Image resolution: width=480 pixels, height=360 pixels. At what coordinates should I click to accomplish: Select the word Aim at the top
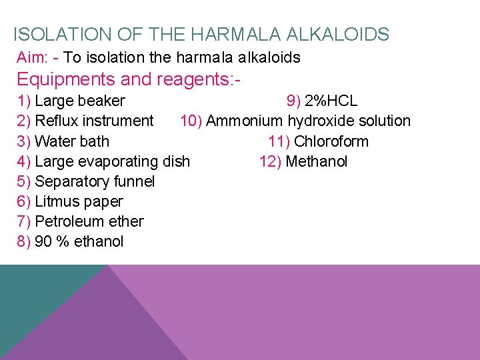pyautogui.click(x=30, y=58)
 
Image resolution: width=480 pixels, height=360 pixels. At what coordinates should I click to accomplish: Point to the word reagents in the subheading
pyautogui.click(x=194, y=79)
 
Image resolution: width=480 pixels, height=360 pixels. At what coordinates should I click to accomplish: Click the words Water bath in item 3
pyautogui.click(x=72, y=141)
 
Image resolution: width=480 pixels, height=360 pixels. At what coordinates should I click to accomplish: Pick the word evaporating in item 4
pyautogui.click(x=120, y=161)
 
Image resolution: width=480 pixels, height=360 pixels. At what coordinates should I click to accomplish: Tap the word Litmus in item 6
pyautogui.click(x=56, y=201)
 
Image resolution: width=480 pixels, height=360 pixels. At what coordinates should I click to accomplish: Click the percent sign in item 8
pyautogui.click(x=63, y=241)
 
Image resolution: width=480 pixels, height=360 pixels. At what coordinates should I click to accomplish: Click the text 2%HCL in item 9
pyautogui.click(x=331, y=101)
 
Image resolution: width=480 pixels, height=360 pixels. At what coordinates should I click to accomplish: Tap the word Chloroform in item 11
pyautogui.click(x=331, y=141)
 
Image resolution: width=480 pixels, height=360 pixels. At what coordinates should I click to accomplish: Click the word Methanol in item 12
pyautogui.click(x=316, y=161)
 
